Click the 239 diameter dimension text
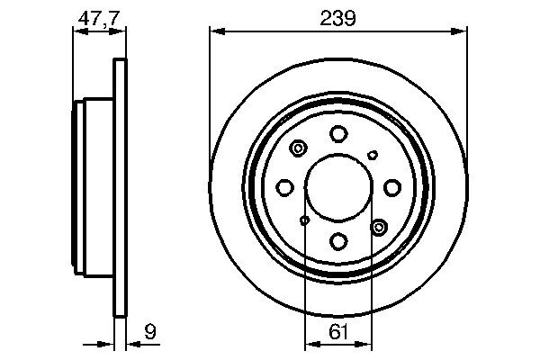337,18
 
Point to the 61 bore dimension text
338,333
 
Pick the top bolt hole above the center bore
338,134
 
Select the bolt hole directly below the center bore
338,241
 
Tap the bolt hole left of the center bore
285,187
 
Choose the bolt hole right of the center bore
392,187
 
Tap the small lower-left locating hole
304,220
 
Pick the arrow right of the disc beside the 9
130,343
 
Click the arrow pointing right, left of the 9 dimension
104,343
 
